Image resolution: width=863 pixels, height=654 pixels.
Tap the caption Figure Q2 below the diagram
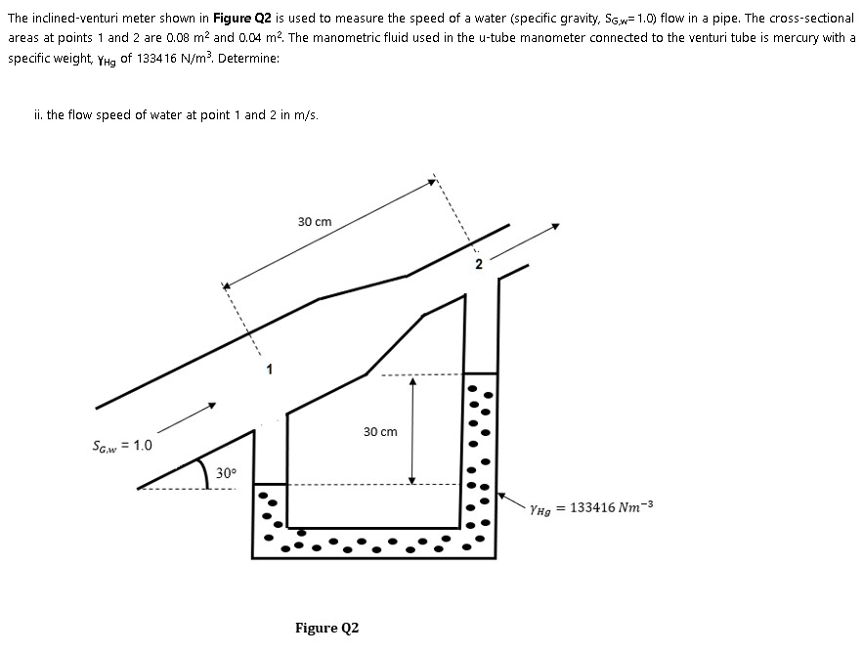click(x=326, y=628)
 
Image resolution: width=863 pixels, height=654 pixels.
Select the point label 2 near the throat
click(x=479, y=264)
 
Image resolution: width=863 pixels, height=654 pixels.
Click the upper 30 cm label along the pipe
click(x=314, y=222)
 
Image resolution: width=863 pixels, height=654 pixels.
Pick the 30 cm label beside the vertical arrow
click(x=380, y=431)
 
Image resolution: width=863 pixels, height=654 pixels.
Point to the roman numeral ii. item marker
click(x=38, y=114)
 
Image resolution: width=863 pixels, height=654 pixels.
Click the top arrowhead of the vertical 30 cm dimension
click(x=412, y=382)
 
